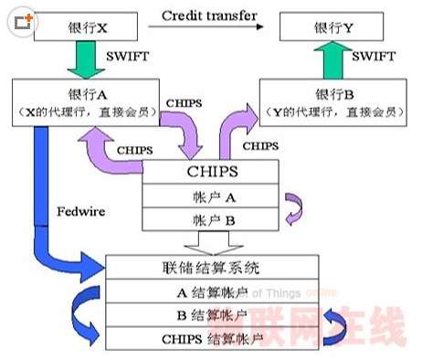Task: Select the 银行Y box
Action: [x=332, y=26]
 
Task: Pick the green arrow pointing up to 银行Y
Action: [x=334, y=59]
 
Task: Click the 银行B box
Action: [x=332, y=101]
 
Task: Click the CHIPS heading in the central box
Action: [x=211, y=170]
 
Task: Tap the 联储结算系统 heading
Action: [x=211, y=268]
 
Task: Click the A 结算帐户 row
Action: [x=211, y=292]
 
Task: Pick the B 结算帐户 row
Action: [x=211, y=316]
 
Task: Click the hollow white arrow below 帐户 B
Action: [x=211, y=241]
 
